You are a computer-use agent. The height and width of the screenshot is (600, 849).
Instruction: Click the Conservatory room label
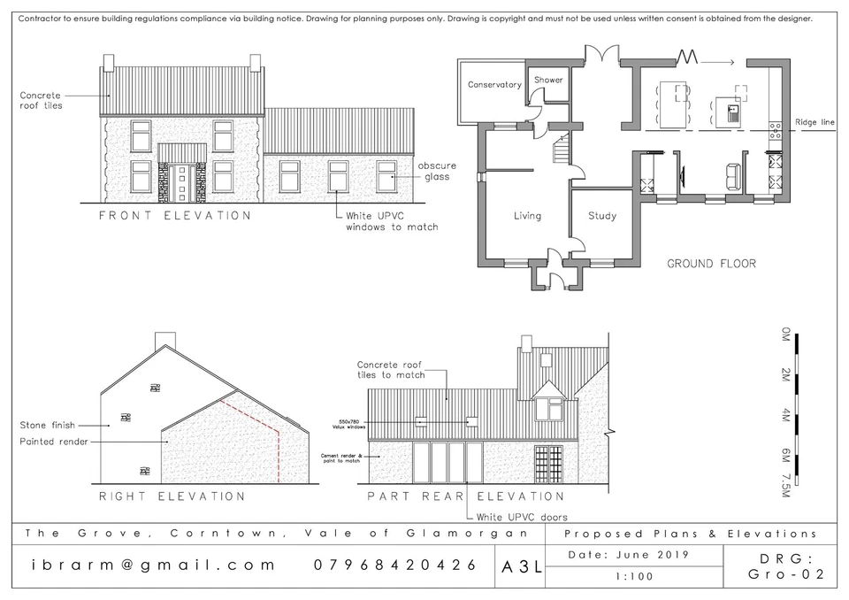click(x=494, y=85)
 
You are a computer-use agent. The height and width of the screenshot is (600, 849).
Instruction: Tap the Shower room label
click(x=548, y=80)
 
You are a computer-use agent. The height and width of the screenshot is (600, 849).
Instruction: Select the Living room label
click(x=527, y=216)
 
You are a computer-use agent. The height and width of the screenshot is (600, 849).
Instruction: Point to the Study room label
click(x=601, y=216)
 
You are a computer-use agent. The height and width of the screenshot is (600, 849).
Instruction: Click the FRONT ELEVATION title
click(x=174, y=215)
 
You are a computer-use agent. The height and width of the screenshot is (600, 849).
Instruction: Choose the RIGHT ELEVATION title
click(x=172, y=496)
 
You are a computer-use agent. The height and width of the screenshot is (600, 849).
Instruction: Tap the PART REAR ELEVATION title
click(x=466, y=496)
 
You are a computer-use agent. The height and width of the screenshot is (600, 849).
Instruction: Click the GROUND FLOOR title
click(x=711, y=263)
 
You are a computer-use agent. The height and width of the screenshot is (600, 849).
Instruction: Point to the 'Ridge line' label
click(x=815, y=122)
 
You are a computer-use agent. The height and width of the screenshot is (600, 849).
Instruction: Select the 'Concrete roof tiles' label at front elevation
click(x=41, y=100)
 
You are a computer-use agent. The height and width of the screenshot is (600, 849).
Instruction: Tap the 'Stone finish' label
click(x=45, y=426)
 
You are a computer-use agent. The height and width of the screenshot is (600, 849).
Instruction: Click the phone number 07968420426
click(x=395, y=565)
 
